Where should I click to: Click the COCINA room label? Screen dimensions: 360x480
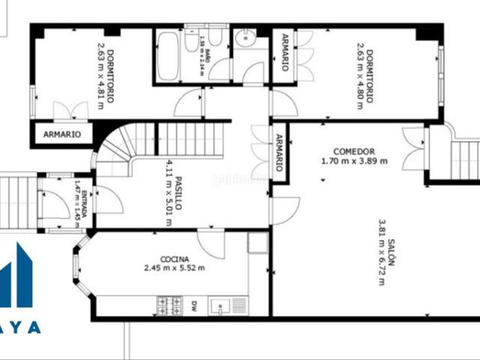pos(174,256)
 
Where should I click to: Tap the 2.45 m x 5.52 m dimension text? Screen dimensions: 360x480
pos(174,267)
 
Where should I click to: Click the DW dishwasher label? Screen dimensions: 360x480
pos(193,304)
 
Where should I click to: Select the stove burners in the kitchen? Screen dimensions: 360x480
pos(169,304)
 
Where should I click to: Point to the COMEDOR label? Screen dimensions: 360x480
pos(353,151)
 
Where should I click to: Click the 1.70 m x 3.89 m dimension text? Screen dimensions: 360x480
pos(353,160)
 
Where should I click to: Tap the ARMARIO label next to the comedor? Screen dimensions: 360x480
pos(279,152)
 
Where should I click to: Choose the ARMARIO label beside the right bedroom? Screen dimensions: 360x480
pos(285,52)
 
